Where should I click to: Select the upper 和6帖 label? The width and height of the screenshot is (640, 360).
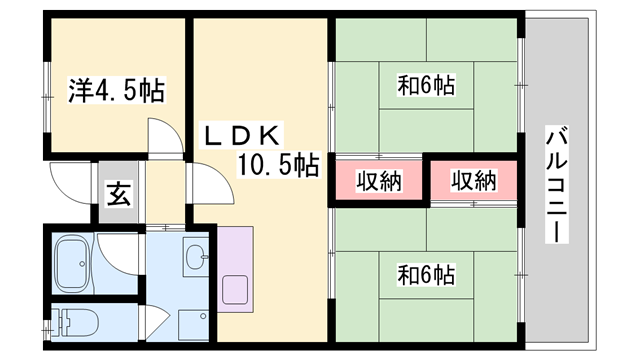tap(427, 86)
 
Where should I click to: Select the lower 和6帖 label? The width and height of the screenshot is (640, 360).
tap(427, 272)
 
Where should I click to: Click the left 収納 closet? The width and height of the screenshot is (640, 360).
tap(378, 181)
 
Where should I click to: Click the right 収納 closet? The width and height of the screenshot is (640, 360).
tap(473, 181)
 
